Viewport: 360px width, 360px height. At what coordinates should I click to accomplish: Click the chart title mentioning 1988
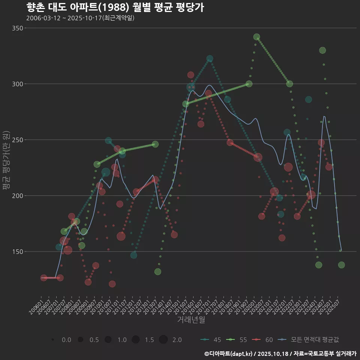coord(115,7)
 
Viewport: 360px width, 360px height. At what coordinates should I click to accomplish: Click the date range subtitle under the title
coord(80,18)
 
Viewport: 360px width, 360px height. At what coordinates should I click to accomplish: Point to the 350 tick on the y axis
coord(18,28)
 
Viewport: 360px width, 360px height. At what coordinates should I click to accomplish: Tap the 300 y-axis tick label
coord(18,84)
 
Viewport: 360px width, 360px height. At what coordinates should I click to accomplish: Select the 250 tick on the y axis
coord(18,140)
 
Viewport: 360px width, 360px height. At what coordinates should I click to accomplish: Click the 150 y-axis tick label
coord(18,252)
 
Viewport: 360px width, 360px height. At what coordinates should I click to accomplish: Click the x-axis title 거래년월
coord(191,320)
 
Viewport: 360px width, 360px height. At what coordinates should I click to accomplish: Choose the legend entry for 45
coord(210,340)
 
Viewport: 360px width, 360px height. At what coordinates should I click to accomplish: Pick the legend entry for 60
coord(262,340)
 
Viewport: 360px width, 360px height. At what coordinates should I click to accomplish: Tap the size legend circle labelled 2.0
coord(163,340)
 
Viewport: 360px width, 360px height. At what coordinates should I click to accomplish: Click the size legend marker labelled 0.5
coord(80,340)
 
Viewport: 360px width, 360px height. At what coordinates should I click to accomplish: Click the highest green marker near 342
coord(256,37)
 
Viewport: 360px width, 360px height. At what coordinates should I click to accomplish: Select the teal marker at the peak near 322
coord(210,58)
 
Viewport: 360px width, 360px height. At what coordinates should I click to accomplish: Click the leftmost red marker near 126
coord(43,278)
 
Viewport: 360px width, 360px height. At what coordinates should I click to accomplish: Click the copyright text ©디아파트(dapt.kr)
coord(229,354)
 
